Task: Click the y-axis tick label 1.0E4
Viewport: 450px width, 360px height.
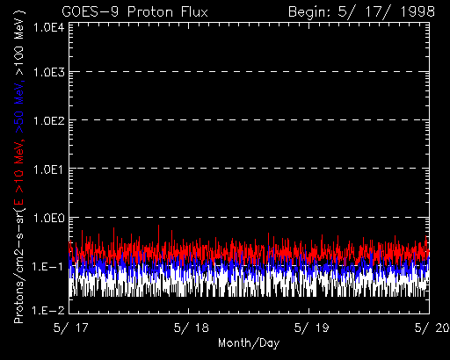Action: coord(48,28)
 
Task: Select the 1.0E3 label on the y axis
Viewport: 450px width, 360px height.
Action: coord(48,72)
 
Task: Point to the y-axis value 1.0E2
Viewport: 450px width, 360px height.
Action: coord(48,120)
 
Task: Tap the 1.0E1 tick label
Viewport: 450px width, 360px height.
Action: coord(48,169)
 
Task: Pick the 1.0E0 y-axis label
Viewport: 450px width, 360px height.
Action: coord(48,218)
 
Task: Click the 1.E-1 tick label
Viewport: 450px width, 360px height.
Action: coord(47,266)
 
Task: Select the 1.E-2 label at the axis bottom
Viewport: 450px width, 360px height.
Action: coord(47,310)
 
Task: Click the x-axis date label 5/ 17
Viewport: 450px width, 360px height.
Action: coord(70,328)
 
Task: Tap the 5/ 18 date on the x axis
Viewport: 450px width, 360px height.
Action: coord(191,328)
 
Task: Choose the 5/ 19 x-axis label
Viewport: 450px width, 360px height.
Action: coord(311,328)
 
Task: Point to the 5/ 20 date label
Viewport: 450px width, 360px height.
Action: coord(432,328)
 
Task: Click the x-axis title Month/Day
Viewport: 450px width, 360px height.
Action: coord(249,342)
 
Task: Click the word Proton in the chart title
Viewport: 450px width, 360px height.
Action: coord(150,12)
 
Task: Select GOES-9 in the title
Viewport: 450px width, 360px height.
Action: coord(91,12)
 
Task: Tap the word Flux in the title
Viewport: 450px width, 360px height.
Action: coord(194,12)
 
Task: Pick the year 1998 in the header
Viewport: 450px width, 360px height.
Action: coord(417,12)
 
